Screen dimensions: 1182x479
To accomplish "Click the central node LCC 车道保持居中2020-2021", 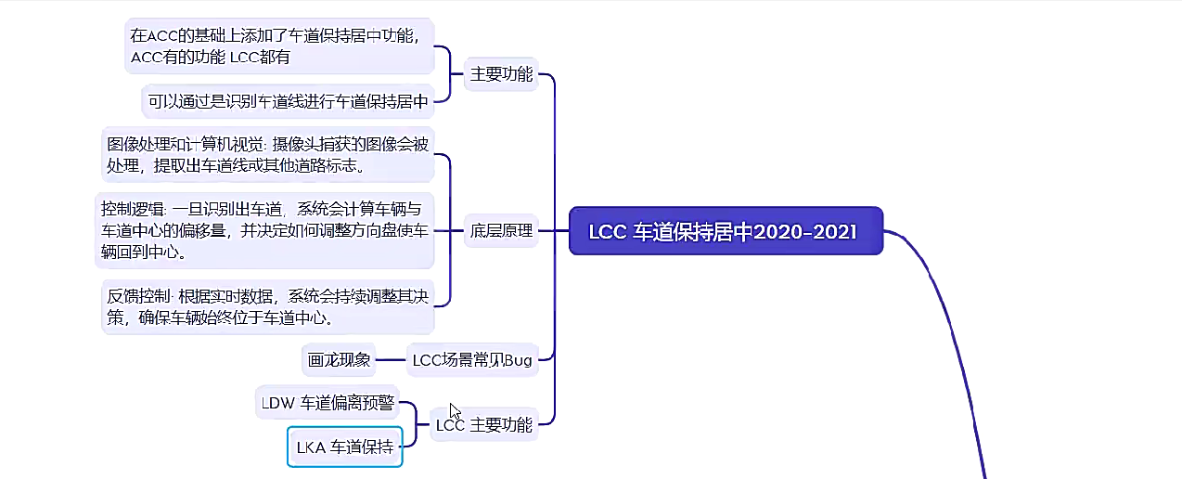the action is [725, 231].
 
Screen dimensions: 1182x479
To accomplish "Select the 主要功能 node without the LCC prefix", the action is [501, 74].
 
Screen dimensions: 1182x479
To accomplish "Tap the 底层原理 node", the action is [501, 231].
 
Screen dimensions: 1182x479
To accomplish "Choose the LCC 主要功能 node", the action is [484, 425].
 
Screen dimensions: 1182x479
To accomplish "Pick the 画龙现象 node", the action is [338, 360].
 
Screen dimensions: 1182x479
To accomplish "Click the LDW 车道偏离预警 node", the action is [327, 403].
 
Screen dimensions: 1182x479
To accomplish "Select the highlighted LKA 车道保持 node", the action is [344, 447].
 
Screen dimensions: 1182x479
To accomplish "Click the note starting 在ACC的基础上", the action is [279, 46].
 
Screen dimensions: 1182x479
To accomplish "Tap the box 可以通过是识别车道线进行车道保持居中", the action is [288, 101].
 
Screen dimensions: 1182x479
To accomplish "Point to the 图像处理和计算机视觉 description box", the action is [267, 155].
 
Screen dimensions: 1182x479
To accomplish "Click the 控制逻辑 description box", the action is [264, 229].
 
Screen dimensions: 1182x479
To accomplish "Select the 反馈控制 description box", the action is [267, 306].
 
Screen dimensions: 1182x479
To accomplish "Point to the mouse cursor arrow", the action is [455, 411].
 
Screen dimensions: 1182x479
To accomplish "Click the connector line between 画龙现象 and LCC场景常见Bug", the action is [391, 360].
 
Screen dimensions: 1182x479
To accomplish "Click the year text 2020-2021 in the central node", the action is [805, 231].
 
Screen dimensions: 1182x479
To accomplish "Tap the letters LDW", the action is [277, 403].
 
